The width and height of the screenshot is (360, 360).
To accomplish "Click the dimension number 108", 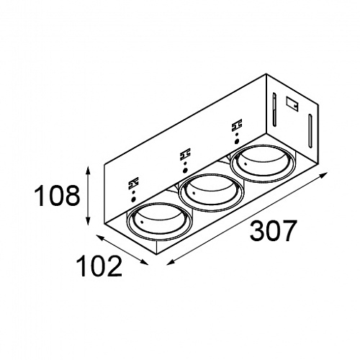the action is point(57,195).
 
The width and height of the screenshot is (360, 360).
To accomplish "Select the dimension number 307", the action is point(272,230).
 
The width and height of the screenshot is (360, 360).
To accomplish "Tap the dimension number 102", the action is point(99,266).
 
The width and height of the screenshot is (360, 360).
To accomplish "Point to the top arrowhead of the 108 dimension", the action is point(88,170).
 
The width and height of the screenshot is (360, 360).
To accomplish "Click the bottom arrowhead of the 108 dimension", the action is point(88,221).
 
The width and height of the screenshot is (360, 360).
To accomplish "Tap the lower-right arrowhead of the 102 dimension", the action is point(144,262).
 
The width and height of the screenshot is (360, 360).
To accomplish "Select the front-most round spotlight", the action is point(159,221).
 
